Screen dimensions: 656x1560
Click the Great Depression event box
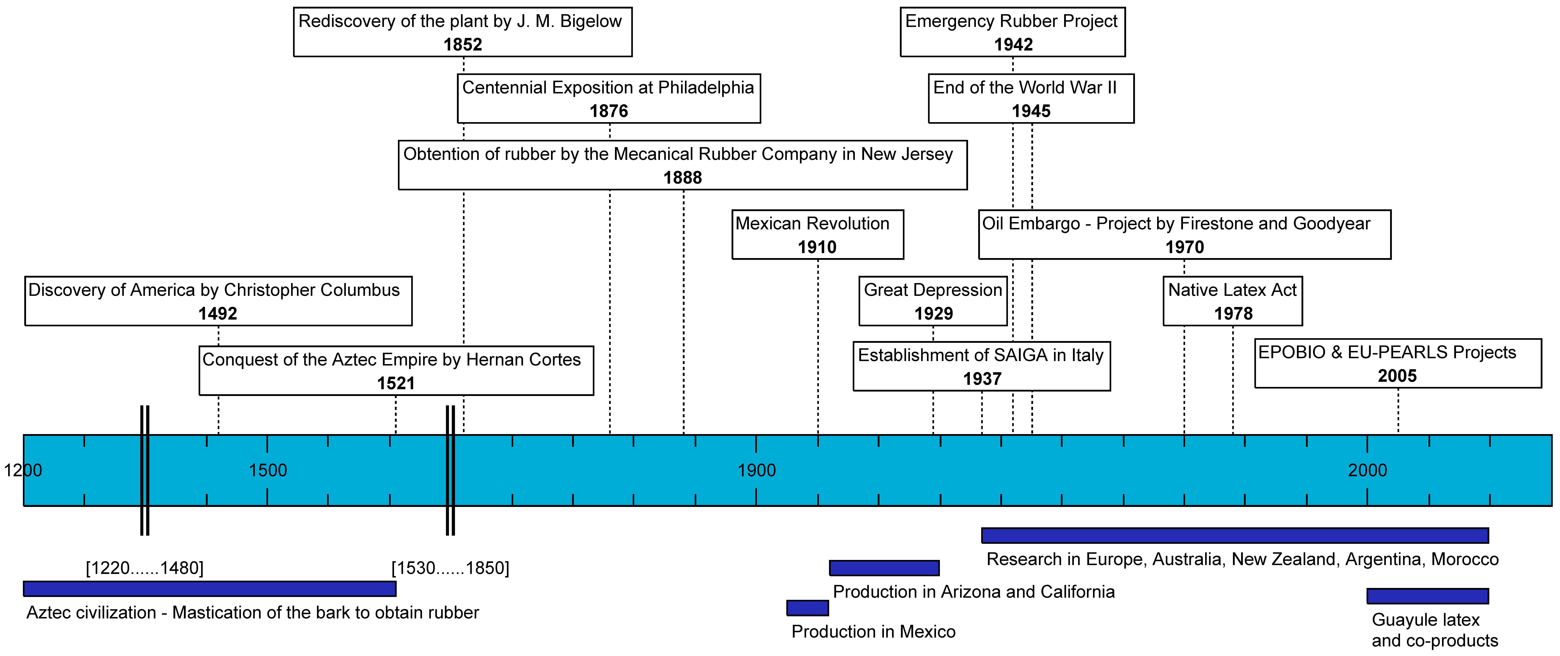933,301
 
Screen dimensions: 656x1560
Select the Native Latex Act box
1232,301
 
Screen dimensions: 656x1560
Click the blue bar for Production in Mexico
807,608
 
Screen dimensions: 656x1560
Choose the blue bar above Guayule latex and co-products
1427,596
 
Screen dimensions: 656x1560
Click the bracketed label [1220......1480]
145,568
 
